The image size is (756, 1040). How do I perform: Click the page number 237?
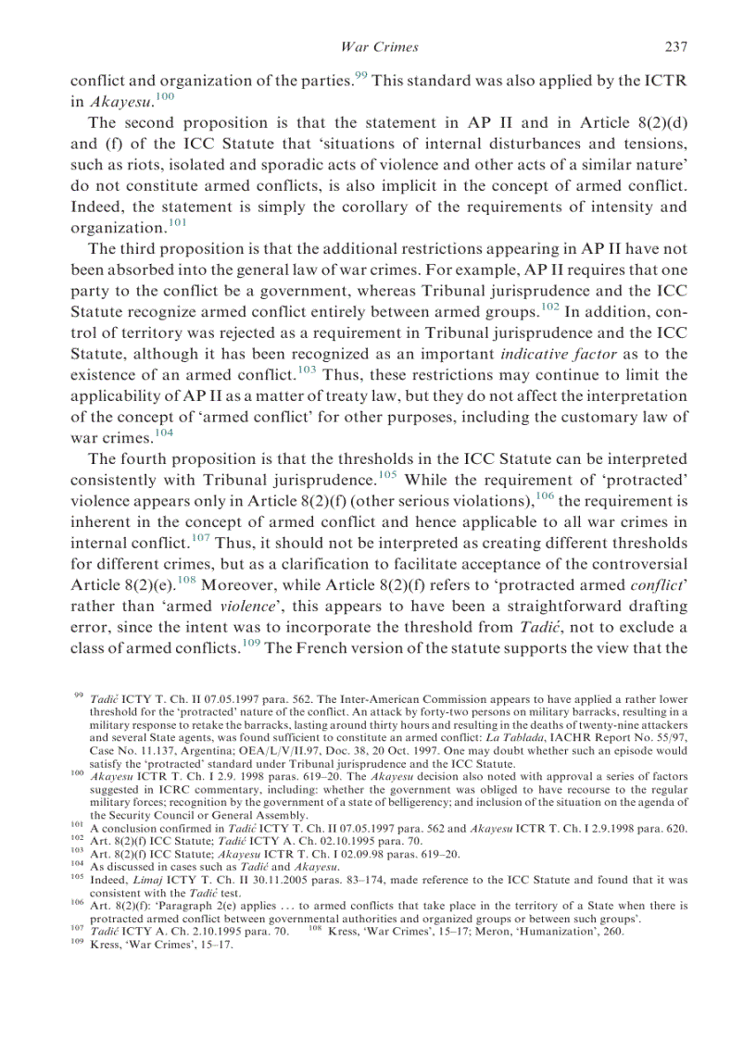pos(675,46)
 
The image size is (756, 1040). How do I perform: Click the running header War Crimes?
pos(380,46)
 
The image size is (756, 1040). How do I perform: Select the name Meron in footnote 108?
pos(514,932)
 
